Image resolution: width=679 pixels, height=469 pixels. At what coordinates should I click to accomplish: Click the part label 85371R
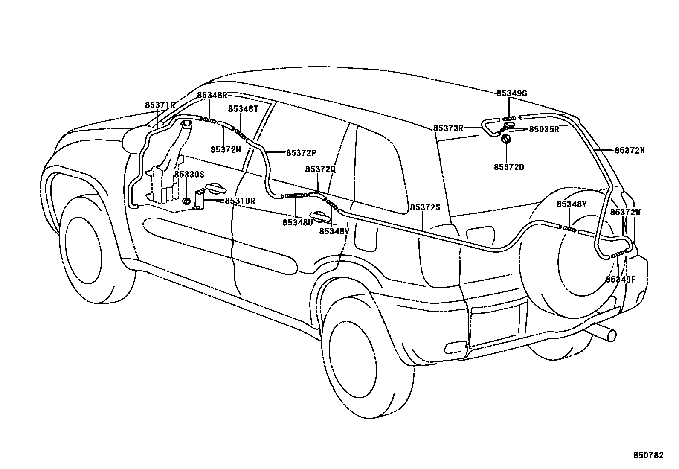(160, 105)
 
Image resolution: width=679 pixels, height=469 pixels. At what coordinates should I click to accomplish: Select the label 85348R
(212, 95)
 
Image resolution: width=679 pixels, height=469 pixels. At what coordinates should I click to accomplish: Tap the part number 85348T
(243, 108)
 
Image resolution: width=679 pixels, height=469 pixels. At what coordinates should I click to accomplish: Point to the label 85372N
(226, 149)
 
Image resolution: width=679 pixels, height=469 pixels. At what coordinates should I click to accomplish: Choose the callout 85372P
(301, 153)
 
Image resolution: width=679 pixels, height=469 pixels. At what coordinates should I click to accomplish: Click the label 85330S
(189, 175)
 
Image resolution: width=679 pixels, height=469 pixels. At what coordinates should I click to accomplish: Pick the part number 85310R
(240, 201)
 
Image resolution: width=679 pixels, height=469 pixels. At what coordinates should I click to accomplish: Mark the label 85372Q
(320, 169)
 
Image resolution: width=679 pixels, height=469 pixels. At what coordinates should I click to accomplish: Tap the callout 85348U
(298, 223)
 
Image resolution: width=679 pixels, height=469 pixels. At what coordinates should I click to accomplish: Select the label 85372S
(425, 207)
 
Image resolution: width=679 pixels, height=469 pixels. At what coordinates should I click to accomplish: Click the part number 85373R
(448, 128)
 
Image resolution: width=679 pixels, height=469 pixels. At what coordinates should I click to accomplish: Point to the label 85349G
(512, 93)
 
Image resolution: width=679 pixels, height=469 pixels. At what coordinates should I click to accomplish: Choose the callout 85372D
(509, 167)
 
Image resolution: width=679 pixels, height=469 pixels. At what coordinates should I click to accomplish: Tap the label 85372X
(630, 151)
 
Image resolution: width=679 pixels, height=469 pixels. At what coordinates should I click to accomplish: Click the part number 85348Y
(572, 204)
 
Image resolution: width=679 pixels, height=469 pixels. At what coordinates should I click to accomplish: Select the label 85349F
(621, 280)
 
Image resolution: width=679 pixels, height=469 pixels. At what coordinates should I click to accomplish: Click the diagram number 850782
(648, 455)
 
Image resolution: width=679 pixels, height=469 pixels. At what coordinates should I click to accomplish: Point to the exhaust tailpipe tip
(612, 335)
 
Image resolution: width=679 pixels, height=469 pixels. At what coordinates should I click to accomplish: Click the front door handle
(215, 188)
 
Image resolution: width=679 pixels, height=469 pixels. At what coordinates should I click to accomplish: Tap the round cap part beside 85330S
(187, 201)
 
